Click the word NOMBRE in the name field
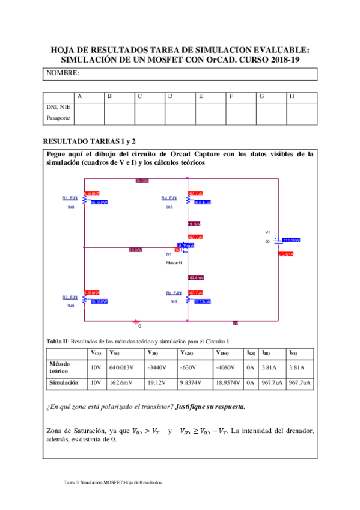click(x=63, y=73)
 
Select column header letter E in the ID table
click(x=201, y=96)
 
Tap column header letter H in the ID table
click(x=292, y=96)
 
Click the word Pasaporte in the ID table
click(x=58, y=118)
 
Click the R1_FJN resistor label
click(x=70, y=198)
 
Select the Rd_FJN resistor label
click(x=169, y=198)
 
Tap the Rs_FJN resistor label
click(x=174, y=293)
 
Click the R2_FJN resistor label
click(x=70, y=297)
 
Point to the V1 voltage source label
click(x=268, y=232)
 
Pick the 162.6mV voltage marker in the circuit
click(x=196, y=278)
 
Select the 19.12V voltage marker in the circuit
click(x=194, y=224)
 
